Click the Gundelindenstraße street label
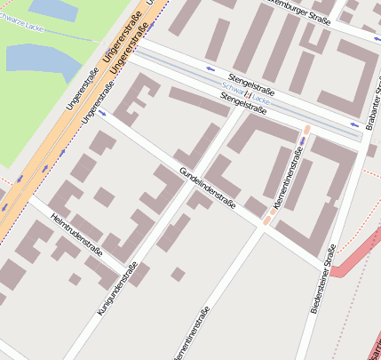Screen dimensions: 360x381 207,188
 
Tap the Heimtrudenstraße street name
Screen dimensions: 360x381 77,235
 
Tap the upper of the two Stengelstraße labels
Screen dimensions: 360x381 251,84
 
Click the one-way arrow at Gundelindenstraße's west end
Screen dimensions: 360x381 102,113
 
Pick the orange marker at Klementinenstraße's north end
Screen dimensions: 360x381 306,133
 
